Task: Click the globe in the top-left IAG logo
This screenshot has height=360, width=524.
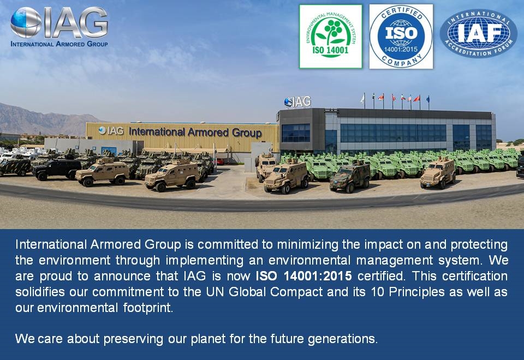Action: click(25, 22)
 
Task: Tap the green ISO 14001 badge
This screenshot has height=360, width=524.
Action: click(330, 37)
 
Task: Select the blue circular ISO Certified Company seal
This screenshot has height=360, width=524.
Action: click(401, 37)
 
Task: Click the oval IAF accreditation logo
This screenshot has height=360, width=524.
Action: click(478, 33)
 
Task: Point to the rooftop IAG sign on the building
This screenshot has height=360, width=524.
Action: click(297, 102)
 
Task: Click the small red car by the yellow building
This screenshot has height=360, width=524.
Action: click(219, 161)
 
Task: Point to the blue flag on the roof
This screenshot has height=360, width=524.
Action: click(428, 99)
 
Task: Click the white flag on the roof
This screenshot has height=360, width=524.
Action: click(362, 99)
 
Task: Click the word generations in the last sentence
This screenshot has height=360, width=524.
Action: click(342, 338)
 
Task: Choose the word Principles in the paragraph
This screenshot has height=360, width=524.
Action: click(415, 291)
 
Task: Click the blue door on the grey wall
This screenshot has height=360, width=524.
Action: click(109, 151)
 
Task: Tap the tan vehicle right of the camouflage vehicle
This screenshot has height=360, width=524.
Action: click(437, 172)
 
